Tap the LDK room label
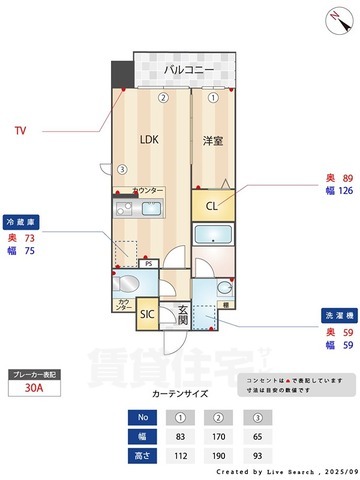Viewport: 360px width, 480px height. pyautogui.click(x=149, y=139)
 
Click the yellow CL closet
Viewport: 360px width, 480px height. pyautogui.click(x=212, y=207)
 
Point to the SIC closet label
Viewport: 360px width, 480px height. pyautogui.click(x=147, y=314)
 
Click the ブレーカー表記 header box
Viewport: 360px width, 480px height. pyautogui.click(x=34, y=373)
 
